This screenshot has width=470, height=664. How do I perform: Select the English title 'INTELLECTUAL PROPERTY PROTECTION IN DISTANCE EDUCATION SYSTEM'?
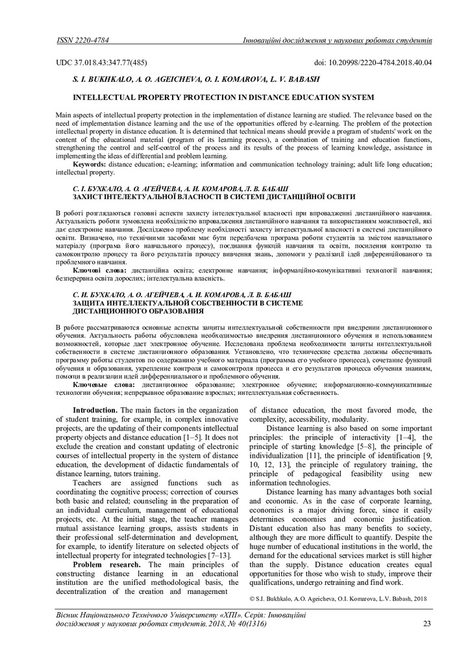click(x=223, y=97)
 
